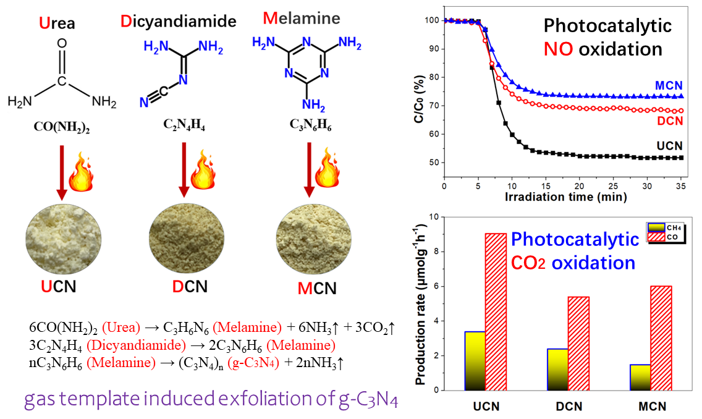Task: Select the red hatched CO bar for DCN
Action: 579,343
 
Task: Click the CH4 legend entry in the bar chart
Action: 658,228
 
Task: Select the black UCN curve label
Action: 669,146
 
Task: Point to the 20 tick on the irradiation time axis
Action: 579,185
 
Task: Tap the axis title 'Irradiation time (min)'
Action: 565,198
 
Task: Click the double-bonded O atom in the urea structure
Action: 61,44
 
